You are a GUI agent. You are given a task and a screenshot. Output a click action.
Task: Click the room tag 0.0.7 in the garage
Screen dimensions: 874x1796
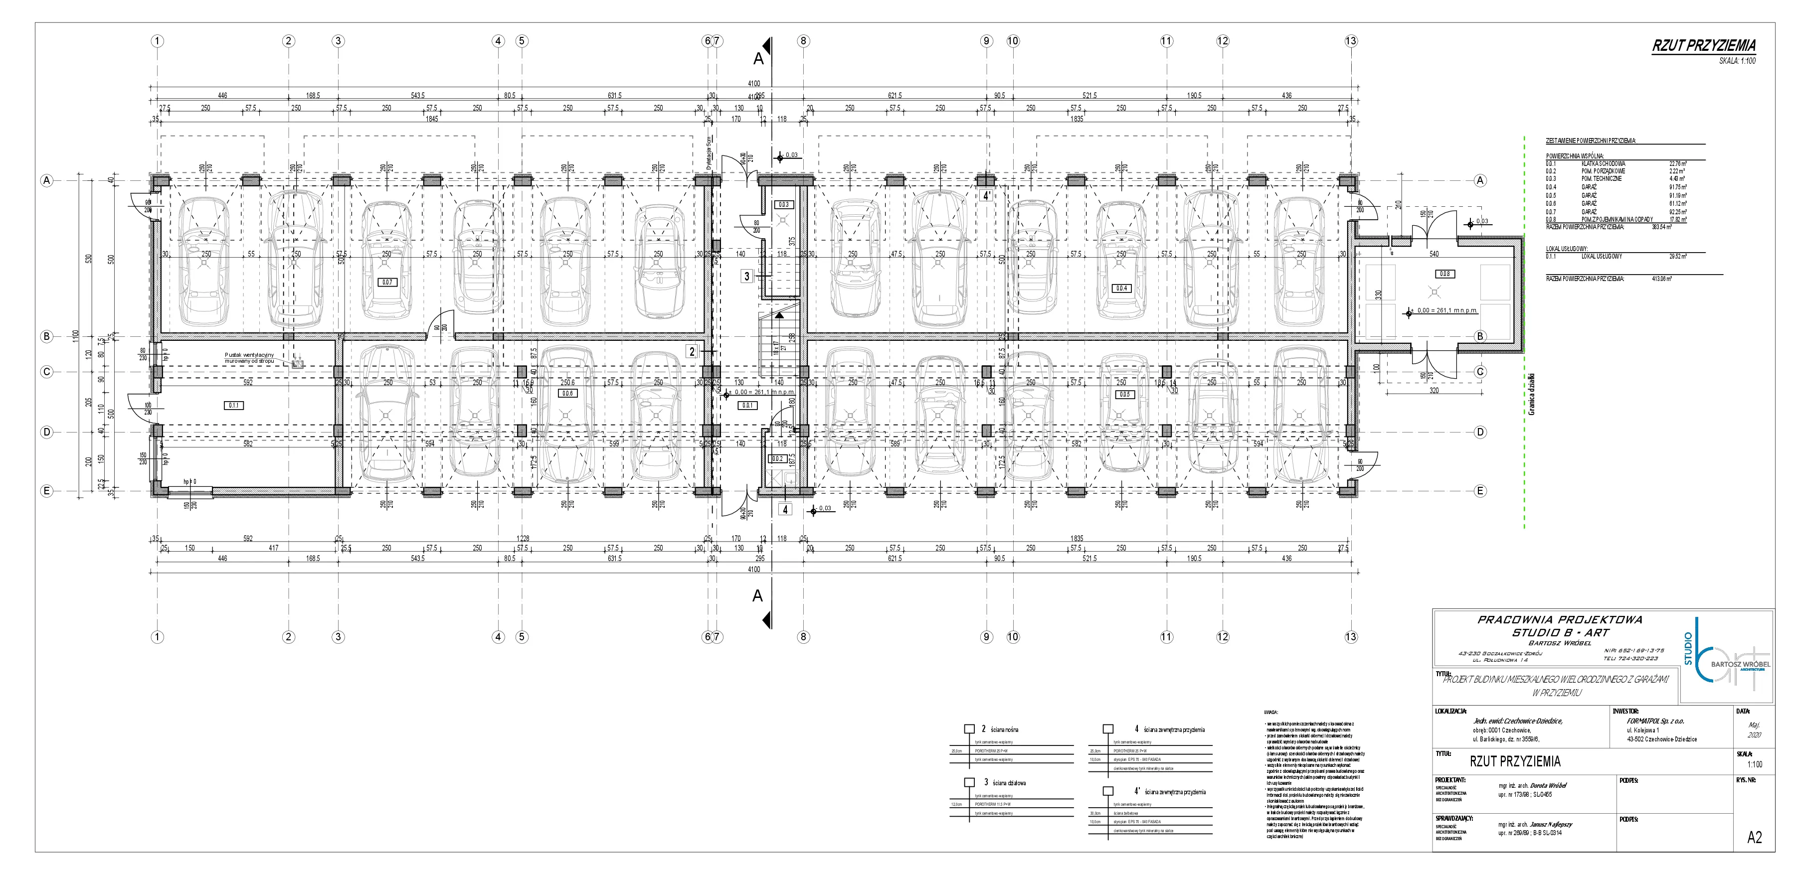point(387,282)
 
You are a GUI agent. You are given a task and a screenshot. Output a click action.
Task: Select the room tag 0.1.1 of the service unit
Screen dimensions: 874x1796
point(234,405)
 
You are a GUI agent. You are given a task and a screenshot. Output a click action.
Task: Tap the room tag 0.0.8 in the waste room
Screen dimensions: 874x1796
point(1444,274)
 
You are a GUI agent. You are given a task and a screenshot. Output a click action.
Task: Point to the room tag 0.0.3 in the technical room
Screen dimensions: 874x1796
point(783,205)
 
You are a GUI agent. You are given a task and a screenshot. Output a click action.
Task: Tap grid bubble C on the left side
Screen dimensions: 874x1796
point(47,372)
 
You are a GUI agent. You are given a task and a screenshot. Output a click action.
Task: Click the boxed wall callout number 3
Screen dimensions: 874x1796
point(747,276)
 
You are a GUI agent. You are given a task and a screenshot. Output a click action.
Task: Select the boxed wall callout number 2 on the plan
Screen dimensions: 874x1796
point(692,351)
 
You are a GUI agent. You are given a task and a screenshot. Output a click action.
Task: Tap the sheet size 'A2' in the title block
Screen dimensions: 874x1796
point(1754,838)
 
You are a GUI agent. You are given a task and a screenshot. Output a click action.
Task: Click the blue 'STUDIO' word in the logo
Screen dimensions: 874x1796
point(1688,648)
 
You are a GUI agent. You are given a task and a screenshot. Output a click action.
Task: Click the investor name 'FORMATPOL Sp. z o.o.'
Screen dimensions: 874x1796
point(1659,721)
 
